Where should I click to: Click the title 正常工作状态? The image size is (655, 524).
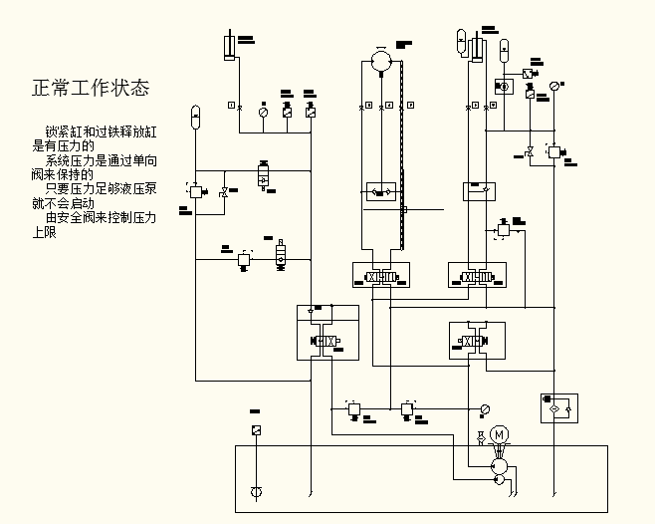[91, 88]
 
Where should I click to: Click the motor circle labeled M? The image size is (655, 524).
[500, 434]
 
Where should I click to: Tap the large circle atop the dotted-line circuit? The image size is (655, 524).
[379, 61]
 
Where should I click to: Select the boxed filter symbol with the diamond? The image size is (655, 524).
[558, 407]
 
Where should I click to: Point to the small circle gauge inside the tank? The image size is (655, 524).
[256, 492]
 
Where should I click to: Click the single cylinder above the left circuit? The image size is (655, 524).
[230, 48]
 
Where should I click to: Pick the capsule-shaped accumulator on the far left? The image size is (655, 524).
[195, 116]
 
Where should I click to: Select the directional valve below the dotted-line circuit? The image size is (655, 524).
[379, 276]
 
